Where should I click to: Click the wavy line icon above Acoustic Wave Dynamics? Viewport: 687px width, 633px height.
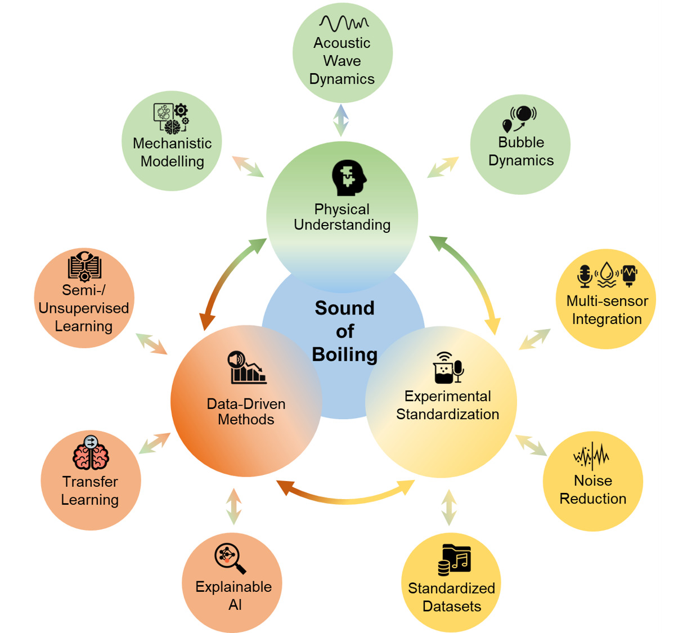(x=344, y=23)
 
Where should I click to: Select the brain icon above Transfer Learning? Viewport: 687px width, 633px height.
(x=91, y=454)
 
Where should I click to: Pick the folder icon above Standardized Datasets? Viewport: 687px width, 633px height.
(x=454, y=559)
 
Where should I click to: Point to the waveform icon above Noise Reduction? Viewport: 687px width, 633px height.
(x=591, y=456)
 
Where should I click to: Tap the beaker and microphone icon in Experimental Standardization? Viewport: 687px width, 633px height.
(x=448, y=368)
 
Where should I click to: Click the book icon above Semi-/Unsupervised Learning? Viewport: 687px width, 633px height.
(x=84, y=266)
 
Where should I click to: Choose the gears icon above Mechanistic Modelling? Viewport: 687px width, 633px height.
(x=172, y=118)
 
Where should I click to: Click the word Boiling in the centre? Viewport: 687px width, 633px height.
(x=344, y=354)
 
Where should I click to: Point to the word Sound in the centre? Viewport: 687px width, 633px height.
(x=344, y=308)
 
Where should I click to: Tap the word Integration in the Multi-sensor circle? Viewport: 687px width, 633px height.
(x=607, y=319)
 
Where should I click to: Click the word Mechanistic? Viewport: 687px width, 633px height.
(x=172, y=143)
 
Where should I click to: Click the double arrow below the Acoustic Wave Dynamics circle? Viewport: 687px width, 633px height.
(x=340, y=120)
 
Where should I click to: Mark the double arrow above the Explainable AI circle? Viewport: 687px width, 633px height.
(x=234, y=506)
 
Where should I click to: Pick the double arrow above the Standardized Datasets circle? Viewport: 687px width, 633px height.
(x=448, y=507)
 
